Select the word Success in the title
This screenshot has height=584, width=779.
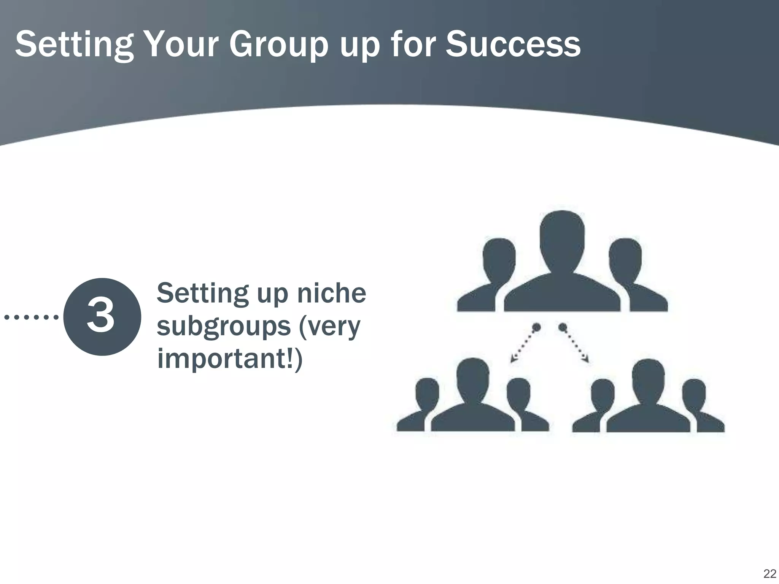[513, 45]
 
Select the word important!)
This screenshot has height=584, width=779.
[230, 358]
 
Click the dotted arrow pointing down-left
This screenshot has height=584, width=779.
[524, 344]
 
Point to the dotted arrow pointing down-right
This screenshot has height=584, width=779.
[576, 344]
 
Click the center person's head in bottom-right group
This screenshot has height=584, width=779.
[648, 377]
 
